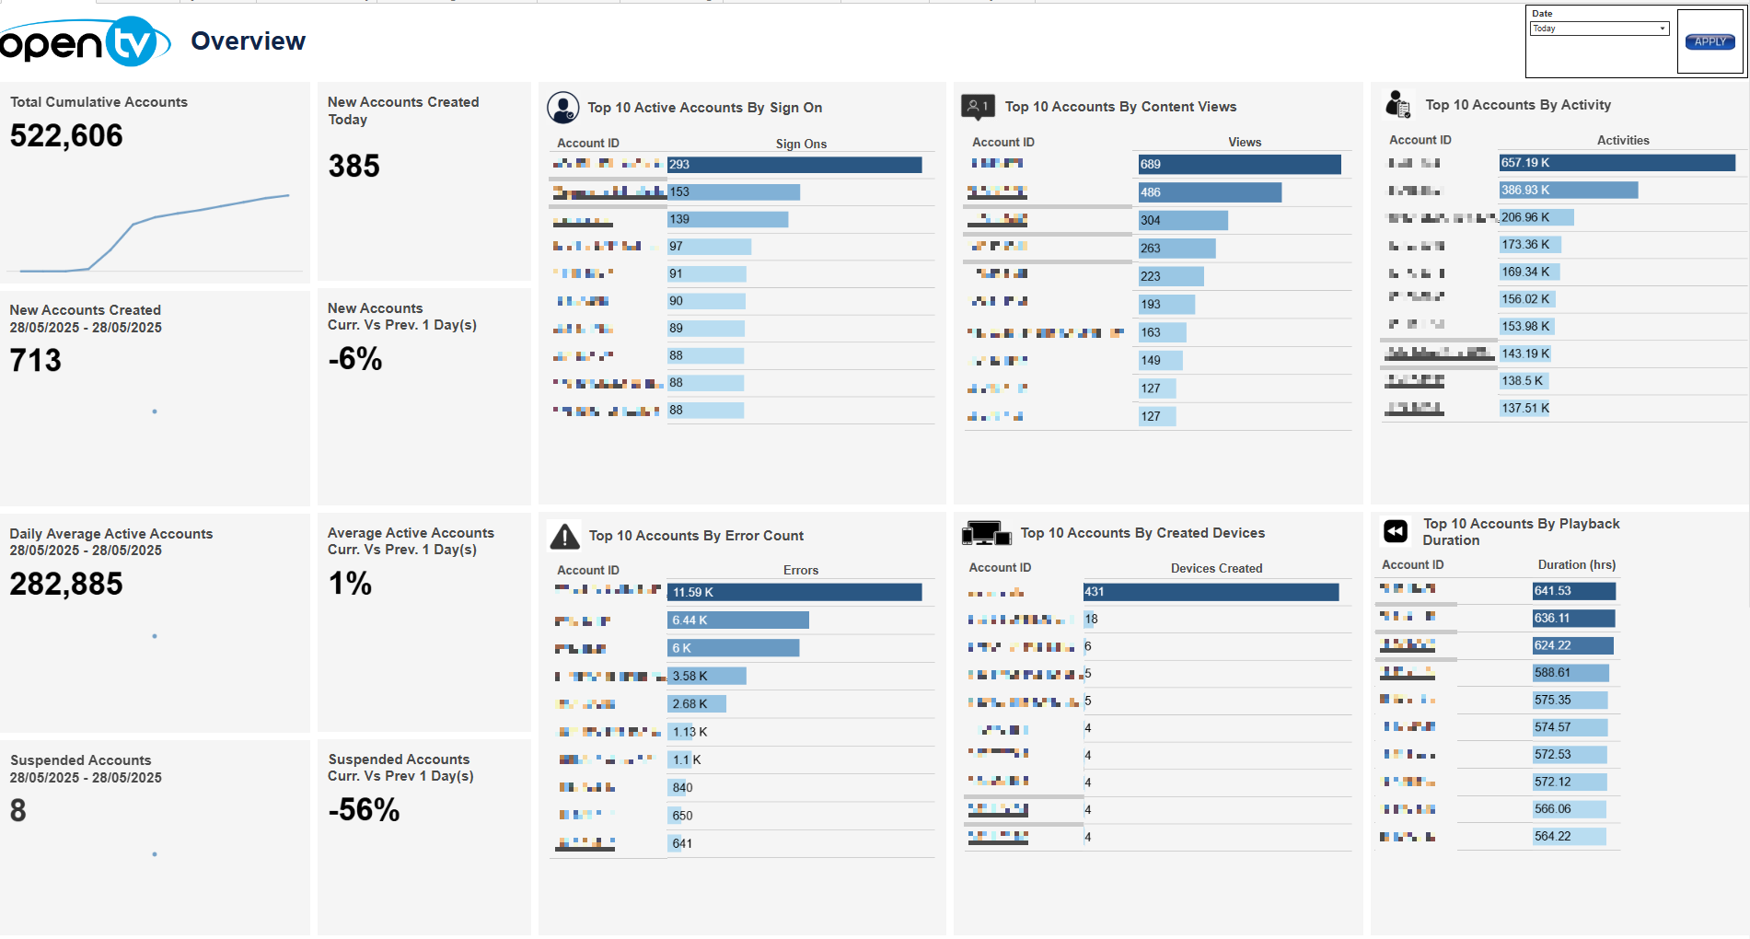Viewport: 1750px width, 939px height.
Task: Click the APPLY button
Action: [x=1709, y=41]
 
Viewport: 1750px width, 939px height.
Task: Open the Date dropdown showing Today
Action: [x=1599, y=29]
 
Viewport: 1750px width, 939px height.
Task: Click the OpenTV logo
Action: [x=85, y=41]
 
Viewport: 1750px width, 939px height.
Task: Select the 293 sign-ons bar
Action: [x=794, y=165]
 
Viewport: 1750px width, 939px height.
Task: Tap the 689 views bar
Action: [x=1239, y=165]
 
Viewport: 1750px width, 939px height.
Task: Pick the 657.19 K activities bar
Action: [x=1617, y=163]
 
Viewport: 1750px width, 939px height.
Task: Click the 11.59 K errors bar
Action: [x=794, y=592]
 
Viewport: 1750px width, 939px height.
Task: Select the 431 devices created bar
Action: [x=1211, y=592]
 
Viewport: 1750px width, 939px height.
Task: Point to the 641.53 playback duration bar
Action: [x=1573, y=591]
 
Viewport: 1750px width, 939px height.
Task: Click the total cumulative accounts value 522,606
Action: [x=66, y=136]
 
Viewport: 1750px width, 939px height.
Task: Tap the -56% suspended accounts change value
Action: [x=364, y=810]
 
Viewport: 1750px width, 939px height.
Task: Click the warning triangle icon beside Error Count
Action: [x=563, y=536]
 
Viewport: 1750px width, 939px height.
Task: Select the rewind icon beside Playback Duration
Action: [x=1396, y=531]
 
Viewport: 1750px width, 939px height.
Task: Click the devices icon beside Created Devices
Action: [x=985, y=533]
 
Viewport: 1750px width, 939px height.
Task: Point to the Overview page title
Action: [x=248, y=41]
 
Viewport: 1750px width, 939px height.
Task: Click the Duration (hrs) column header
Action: [x=1576, y=565]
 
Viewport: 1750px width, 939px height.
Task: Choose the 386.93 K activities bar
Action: [x=1568, y=191]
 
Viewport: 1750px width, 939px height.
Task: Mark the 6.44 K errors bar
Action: [x=737, y=620]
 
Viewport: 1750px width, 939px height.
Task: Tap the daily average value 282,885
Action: [x=66, y=584]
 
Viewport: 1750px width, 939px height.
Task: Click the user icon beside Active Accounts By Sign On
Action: [x=562, y=108]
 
